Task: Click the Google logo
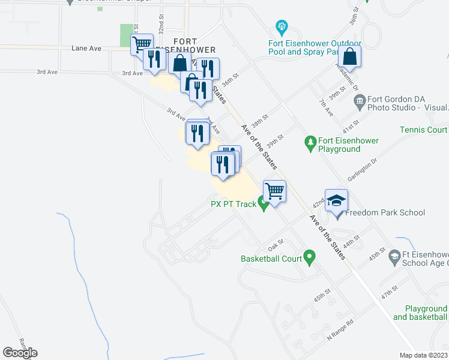pyautogui.click(x=20, y=353)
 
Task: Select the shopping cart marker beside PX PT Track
pyautogui.click(x=274, y=191)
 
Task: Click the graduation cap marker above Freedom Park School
pyautogui.click(x=337, y=200)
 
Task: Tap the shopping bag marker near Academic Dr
pyautogui.click(x=349, y=57)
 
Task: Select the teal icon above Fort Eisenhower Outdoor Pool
pyautogui.click(x=280, y=26)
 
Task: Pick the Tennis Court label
pyautogui.click(x=424, y=130)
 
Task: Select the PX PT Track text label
pyautogui.click(x=233, y=204)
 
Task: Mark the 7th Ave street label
pyautogui.click(x=326, y=108)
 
